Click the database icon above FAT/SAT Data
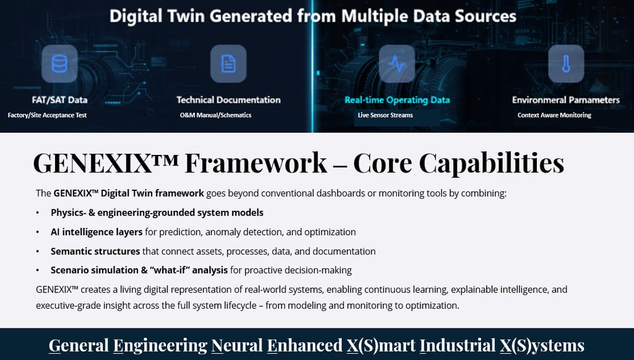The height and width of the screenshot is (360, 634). point(59,64)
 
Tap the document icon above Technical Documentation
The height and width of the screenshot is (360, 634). point(228,64)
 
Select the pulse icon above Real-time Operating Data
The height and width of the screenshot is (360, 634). point(397,64)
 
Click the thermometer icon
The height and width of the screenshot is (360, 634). point(566,64)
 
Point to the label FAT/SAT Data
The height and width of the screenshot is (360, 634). point(59,100)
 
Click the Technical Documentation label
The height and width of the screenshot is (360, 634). point(228,100)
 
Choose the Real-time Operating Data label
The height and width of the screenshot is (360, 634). point(397,100)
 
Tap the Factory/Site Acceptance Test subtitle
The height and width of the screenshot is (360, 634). point(48,115)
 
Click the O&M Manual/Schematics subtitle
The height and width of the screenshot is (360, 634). point(215,115)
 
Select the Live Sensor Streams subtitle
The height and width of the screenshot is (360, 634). point(385,115)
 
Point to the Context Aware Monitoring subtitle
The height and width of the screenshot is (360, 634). point(554,115)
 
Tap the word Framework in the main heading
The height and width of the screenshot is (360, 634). point(256,163)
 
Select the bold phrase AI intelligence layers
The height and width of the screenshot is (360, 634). point(97,232)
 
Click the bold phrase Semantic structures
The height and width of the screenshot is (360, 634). point(95,252)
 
